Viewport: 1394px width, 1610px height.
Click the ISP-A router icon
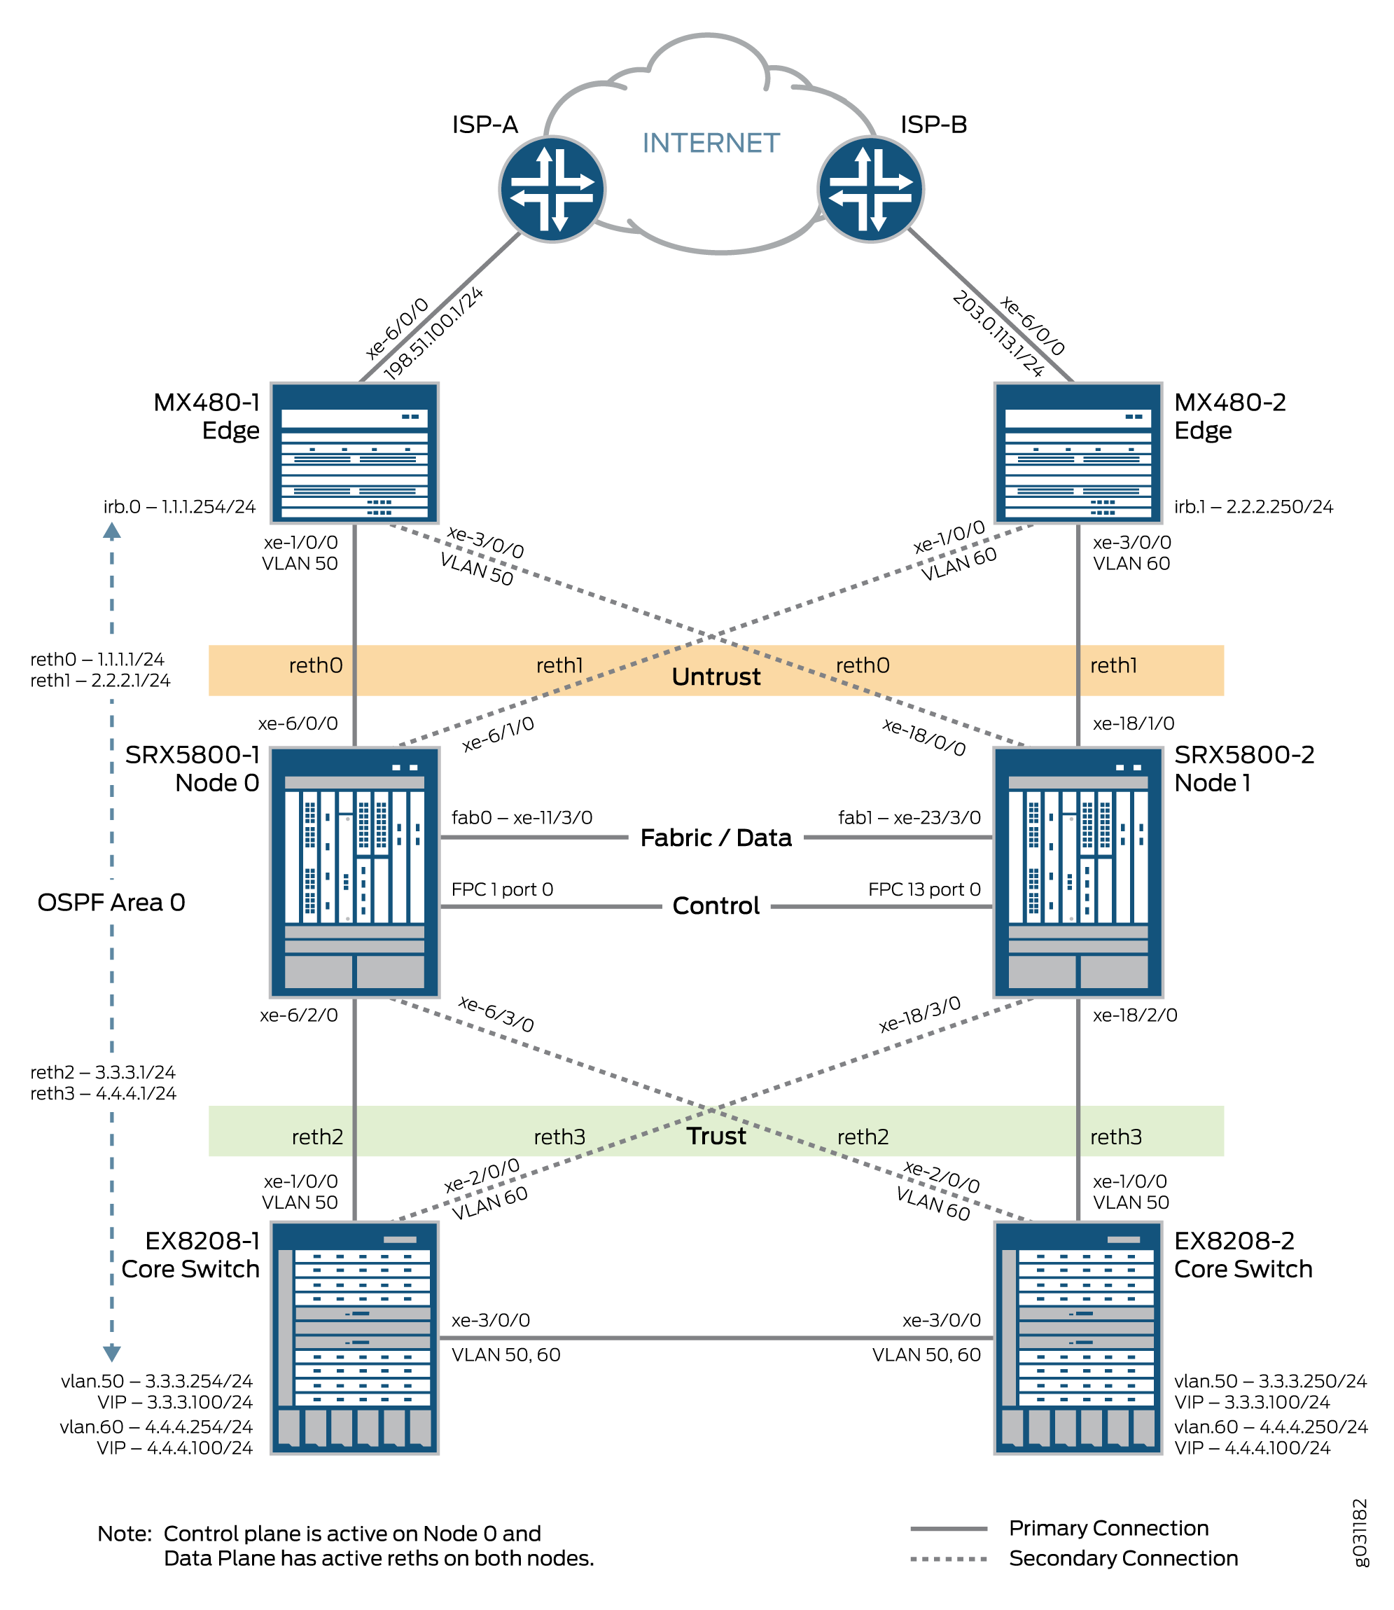coord(552,189)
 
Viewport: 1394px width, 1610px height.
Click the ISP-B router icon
coord(870,189)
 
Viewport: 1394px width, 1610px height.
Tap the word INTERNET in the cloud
coord(710,143)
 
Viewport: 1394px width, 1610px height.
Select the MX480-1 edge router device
coord(355,452)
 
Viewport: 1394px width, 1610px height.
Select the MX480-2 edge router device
coord(1078,452)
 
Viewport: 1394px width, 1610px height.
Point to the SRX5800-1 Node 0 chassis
coord(355,872)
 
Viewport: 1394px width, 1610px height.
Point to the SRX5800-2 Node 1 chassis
coord(1078,872)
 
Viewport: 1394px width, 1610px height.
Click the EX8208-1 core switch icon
coord(355,1337)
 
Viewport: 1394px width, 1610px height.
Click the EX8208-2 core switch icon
coord(1078,1337)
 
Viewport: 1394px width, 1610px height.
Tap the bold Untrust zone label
coord(716,676)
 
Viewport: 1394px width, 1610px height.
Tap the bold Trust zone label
coord(716,1136)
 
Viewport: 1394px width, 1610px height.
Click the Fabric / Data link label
coord(716,838)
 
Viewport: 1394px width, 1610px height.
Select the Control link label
coord(716,905)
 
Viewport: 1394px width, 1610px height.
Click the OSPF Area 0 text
coord(111,903)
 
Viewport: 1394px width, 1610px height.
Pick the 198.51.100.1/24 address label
coord(433,333)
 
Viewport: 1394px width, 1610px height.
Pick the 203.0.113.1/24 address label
coord(998,335)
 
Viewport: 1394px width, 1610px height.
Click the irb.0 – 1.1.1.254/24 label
coord(180,507)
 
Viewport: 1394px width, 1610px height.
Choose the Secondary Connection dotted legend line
coord(948,1560)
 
